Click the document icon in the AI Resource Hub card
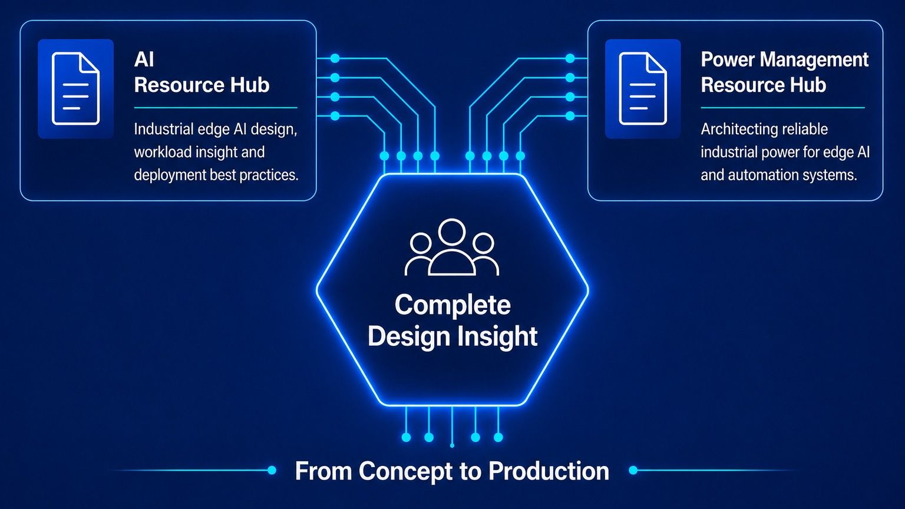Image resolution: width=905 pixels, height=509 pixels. (x=75, y=88)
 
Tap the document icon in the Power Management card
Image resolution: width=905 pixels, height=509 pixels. (x=643, y=88)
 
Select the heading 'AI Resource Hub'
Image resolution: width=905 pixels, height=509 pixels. (x=202, y=72)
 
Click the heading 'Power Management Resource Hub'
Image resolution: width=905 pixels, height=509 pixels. (x=785, y=72)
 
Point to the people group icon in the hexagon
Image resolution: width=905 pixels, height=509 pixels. (x=452, y=247)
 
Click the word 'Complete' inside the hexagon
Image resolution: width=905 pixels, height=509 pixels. (x=452, y=305)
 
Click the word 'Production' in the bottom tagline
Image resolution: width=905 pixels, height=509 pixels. (x=549, y=471)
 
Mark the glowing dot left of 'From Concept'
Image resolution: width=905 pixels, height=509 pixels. (x=272, y=470)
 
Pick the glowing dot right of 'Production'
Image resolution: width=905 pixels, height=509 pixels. (x=633, y=470)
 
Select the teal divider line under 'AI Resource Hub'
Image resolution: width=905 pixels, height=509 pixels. (x=216, y=108)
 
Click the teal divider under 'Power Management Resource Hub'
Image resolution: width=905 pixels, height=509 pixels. (x=782, y=108)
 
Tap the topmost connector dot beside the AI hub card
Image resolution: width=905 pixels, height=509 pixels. (x=335, y=58)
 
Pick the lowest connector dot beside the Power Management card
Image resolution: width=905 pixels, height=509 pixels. (x=570, y=116)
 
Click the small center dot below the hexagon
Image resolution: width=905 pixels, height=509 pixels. (x=452, y=445)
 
